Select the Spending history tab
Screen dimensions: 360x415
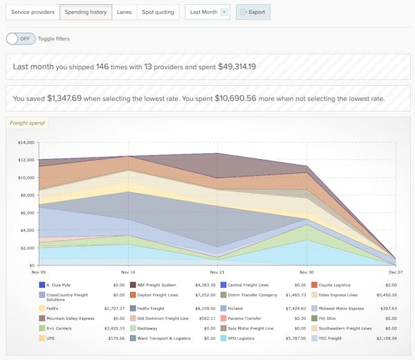86,12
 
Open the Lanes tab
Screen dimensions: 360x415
124,12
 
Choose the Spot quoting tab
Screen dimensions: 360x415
158,12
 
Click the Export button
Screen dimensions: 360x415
253,12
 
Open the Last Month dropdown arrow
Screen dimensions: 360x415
224,12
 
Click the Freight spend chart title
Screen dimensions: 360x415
27,123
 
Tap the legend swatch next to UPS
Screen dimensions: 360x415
41,339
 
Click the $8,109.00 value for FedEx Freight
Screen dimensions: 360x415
203,308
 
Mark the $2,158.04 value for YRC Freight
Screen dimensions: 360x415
384,339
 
